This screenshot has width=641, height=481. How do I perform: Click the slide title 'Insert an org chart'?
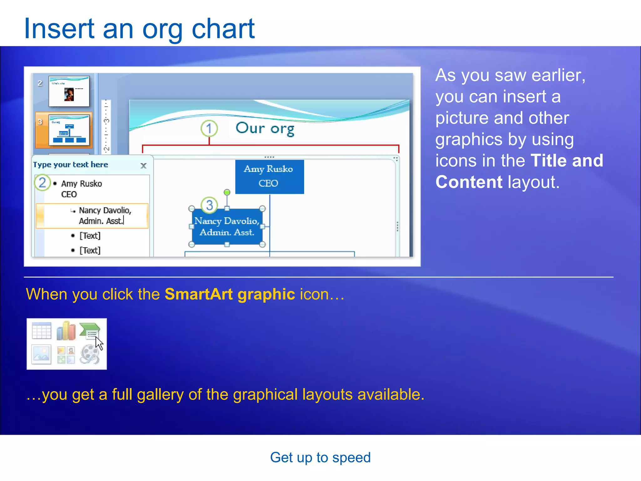tap(139, 29)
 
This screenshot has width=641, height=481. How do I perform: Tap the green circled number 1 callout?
tap(209, 128)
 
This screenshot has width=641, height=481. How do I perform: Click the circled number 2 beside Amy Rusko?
tap(42, 183)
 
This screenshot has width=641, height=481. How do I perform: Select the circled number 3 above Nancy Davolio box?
tap(209, 205)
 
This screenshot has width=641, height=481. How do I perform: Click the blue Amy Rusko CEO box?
tap(269, 177)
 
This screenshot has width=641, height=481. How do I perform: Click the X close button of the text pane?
tap(143, 166)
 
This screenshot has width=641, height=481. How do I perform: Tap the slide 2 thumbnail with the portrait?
tap(69, 91)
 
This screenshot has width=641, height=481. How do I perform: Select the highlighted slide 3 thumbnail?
tap(69, 130)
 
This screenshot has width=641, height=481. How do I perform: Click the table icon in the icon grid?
tap(42, 331)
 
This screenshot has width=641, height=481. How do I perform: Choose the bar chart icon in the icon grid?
tap(66, 331)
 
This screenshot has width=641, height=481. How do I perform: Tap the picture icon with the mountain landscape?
tap(42, 354)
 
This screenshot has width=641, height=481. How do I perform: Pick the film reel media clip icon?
tap(90, 354)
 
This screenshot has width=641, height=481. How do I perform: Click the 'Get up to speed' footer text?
tap(320, 458)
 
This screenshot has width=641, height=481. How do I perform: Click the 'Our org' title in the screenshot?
tap(265, 128)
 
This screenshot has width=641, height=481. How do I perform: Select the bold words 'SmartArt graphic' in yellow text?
tap(230, 294)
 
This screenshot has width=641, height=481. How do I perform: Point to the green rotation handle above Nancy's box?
tap(227, 192)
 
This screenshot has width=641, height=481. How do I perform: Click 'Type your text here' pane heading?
tap(70, 165)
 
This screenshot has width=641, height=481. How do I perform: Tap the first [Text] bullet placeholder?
tap(90, 235)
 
